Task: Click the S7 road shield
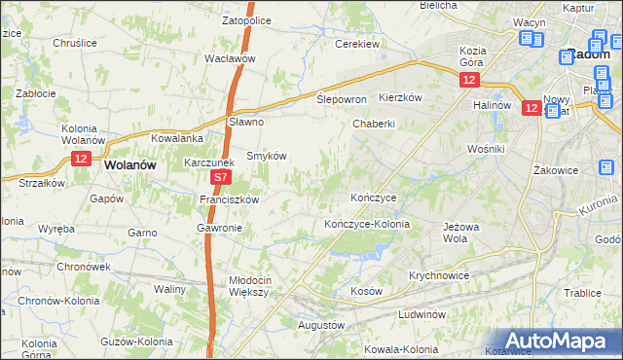click(221, 178)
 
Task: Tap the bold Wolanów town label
click(129, 165)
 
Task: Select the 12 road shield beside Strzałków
click(81, 159)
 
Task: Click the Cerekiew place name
click(356, 44)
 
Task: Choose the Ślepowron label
click(342, 100)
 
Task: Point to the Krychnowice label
click(439, 275)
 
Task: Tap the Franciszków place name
click(228, 199)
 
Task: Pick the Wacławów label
click(229, 58)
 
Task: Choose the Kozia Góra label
click(473, 56)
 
